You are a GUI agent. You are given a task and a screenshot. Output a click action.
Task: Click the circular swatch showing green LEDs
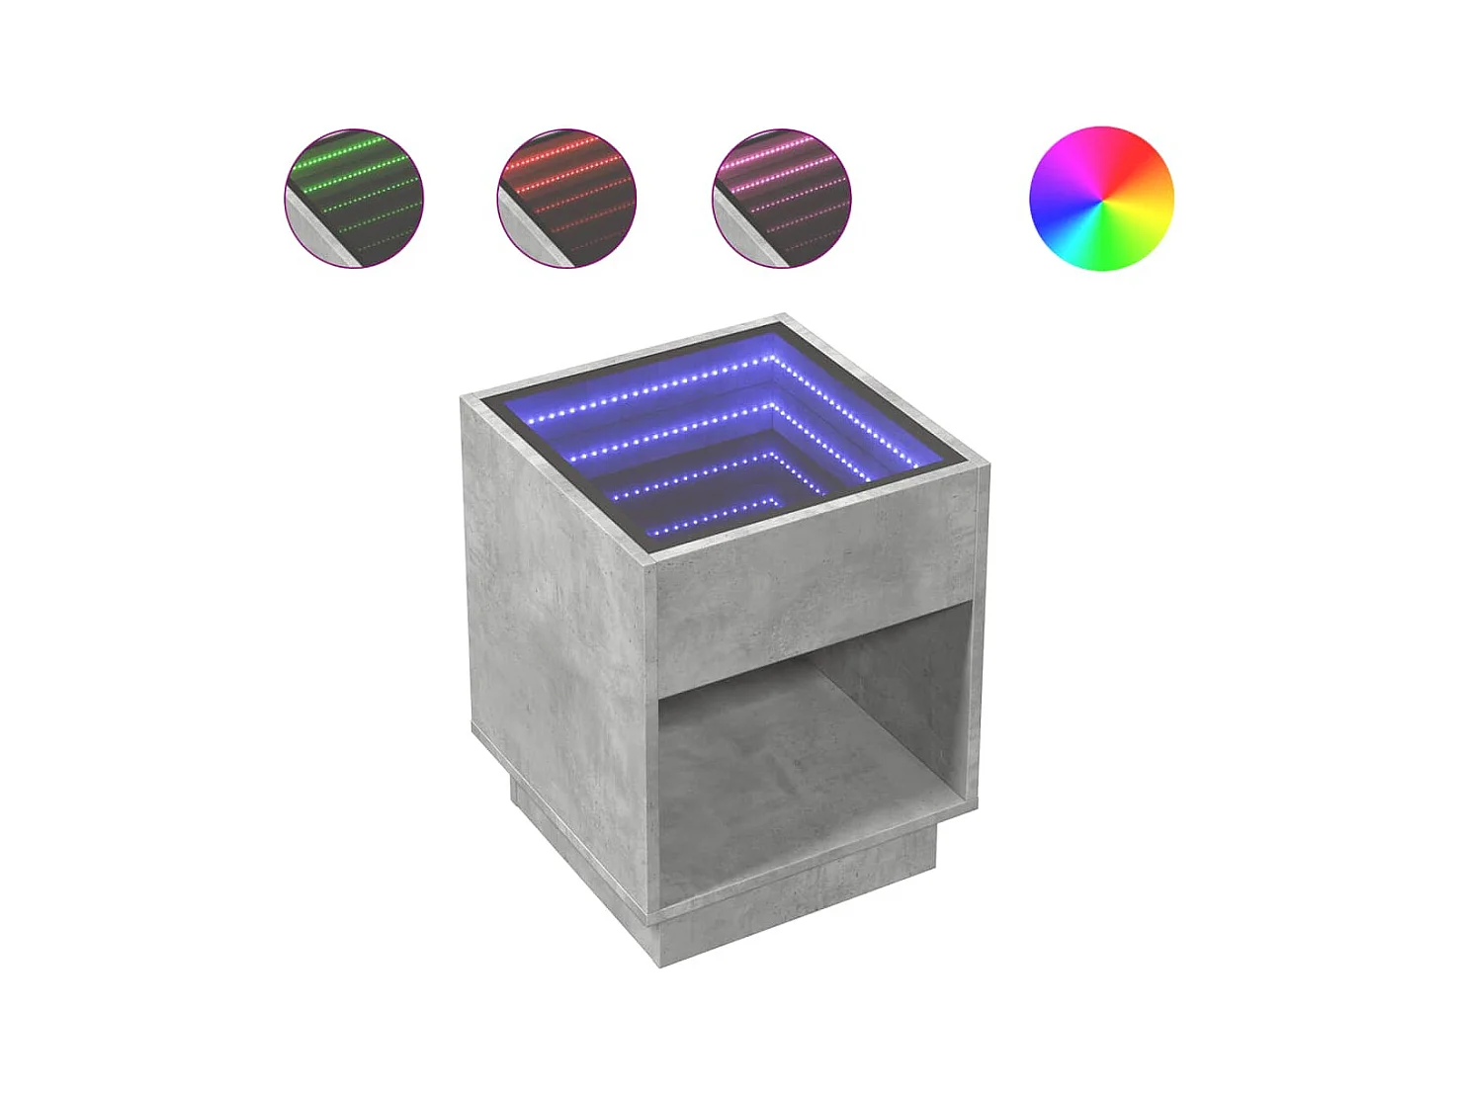pos(354,198)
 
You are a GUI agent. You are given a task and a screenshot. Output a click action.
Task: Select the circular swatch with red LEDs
pos(566,198)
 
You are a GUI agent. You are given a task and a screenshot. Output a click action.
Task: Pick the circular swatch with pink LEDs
pos(781,198)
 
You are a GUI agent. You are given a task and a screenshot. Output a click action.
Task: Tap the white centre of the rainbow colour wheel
pos(1101,198)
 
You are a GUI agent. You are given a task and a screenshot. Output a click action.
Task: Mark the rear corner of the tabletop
pos(784,318)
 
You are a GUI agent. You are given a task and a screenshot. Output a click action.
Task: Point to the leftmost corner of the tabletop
pos(463,397)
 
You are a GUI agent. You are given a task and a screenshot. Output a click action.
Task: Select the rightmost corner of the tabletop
pos(987,464)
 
